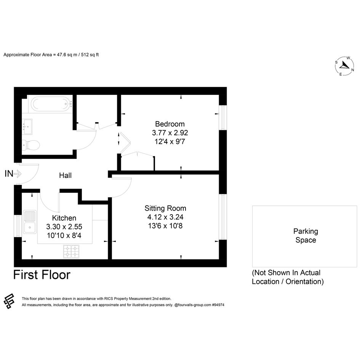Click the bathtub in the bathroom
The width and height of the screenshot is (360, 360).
(x=51, y=104)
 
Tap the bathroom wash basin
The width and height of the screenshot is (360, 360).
(x=27, y=127)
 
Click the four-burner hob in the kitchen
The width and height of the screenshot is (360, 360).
(x=71, y=251)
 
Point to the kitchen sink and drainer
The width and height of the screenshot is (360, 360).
(x=30, y=222)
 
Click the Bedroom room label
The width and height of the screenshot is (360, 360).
(x=170, y=124)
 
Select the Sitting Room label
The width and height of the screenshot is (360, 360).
(x=165, y=208)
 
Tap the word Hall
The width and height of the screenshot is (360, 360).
(x=66, y=175)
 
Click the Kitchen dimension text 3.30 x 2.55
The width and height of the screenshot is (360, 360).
(x=64, y=227)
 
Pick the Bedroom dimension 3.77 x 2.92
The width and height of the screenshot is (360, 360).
(x=170, y=133)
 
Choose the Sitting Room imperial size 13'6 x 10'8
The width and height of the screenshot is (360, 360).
(x=165, y=226)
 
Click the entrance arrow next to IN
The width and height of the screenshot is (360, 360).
(x=18, y=174)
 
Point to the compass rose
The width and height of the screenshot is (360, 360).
(x=344, y=66)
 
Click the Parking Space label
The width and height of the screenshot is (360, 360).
(x=306, y=235)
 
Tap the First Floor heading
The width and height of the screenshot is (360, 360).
(x=42, y=275)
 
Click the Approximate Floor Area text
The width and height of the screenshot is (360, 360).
(x=51, y=54)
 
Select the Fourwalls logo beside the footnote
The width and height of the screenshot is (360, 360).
(x=9, y=301)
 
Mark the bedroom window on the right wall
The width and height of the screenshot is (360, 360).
(x=223, y=118)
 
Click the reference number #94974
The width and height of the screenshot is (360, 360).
(x=218, y=305)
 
